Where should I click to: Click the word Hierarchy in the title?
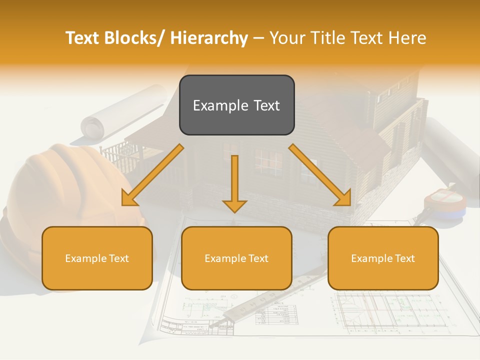pos(208,38)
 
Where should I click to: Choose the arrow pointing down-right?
pos(320,175)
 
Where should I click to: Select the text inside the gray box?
pos(236,105)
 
